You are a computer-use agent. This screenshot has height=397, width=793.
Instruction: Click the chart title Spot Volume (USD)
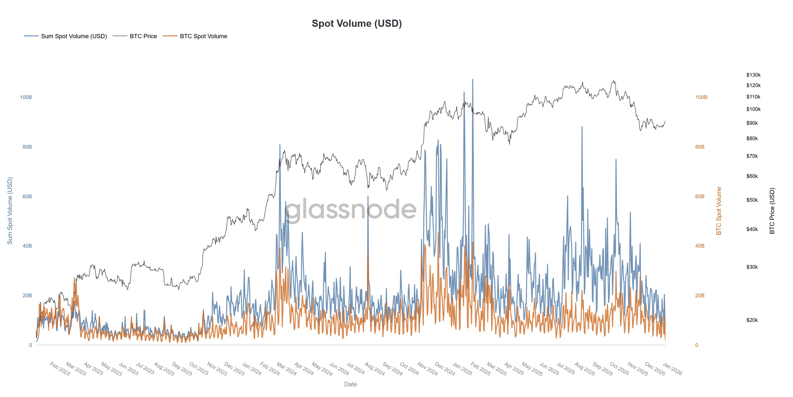pyautogui.click(x=357, y=23)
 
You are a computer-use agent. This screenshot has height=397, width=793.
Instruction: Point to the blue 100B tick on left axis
pyautogui.click(x=26, y=97)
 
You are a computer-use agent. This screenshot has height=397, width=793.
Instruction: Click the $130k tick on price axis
pyautogui.click(x=753, y=75)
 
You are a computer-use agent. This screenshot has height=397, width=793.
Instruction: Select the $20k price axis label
pyautogui.click(x=752, y=320)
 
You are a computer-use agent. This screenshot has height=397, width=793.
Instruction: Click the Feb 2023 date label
pyautogui.click(x=60, y=369)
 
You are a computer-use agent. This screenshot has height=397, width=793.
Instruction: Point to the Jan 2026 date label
pyautogui.click(x=672, y=369)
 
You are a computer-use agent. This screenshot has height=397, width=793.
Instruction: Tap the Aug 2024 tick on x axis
pyautogui.click(x=374, y=369)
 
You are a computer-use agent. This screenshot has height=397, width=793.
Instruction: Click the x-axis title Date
pyautogui.click(x=350, y=384)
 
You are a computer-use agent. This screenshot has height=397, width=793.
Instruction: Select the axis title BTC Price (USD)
pyautogui.click(x=772, y=211)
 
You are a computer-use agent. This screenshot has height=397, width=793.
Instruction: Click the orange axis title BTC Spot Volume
pyautogui.click(x=718, y=211)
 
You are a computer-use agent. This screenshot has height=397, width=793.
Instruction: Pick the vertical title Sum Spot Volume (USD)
pyautogui.click(x=10, y=211)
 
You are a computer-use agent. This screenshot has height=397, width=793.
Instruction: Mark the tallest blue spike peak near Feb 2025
pyautogui.click(x=473, y=79)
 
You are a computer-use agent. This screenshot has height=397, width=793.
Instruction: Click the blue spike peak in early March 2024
pyautogui.click(x=280, y=145)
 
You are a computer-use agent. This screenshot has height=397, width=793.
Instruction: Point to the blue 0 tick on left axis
pyautogui.click(x=30, y=345)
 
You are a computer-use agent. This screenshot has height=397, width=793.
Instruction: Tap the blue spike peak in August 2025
pyautogui.click(x=582, y=127)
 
